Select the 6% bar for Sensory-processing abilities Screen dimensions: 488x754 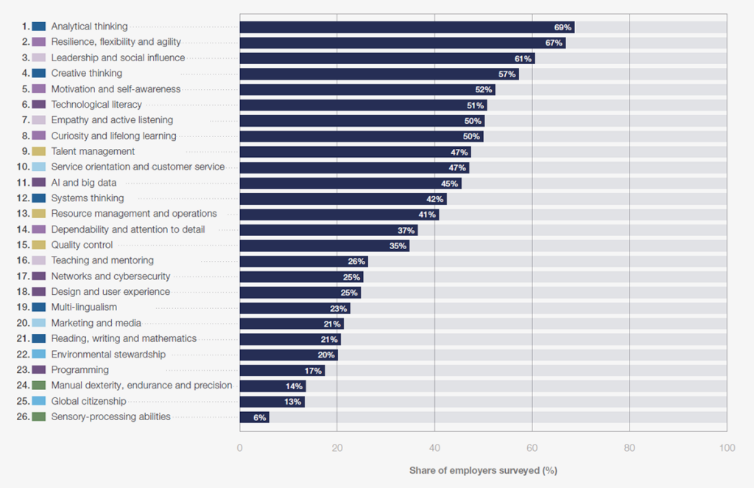pyautogui.click(x=254, y=417)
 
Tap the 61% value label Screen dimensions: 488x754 pyautogui.click(x=523, y=58)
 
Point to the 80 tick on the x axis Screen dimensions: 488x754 pyautogui.click(x=630, y=448)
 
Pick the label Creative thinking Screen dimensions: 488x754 pyautogui.click(x=87, y=74)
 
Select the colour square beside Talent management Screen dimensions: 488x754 pyautogui.click(x=39, y=152)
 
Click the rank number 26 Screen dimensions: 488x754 pyautogui.click(x=22, y=417)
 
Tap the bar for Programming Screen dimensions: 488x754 pyautogui.click(x=282, y=370)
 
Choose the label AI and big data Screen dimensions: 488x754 pyautogui.click(x=84, y=183)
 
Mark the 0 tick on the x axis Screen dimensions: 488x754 pyautogui.click(x=239, y=448)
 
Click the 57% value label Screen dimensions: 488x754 pyautogui.click(x=507, y=74)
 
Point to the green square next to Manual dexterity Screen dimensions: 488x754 pyautogui.click(x=39, y=386)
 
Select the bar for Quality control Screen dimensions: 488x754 pyautogui.click(x=324, y=245)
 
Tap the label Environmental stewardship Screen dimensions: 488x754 pyautogui.click(x=108, y=355)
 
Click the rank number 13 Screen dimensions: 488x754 pyautogui.click(x=22, y=214)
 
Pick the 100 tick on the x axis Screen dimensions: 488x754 pyautogui.click(x=727, y=448)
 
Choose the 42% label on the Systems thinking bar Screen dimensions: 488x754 pyautogui.click(x=434, y=199)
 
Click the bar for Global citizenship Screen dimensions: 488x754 pyautogui.click(x=272, y=401)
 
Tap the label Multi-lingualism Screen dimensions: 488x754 pyautogui.click(x=84, y=307)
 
